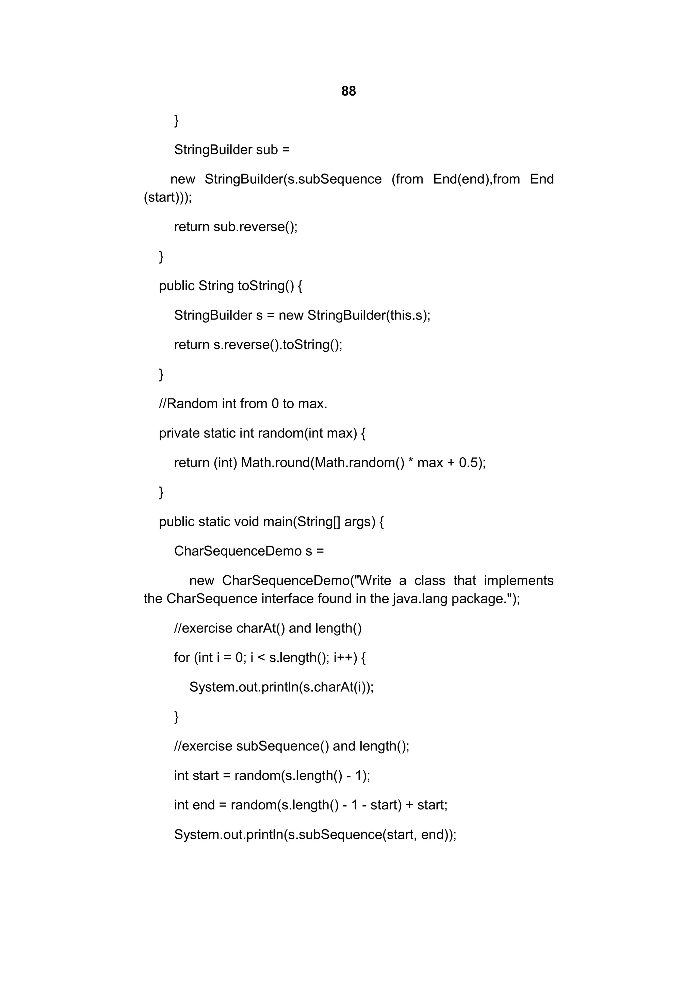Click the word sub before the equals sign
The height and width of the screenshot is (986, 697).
coord(267,150)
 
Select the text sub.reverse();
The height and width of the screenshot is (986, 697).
coord(255,227)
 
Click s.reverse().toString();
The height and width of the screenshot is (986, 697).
coord(278,345)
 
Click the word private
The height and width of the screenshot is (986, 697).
coord(179,433)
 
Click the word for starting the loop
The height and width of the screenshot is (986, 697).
coord(182,658)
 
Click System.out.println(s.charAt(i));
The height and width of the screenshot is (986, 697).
coord(281,688)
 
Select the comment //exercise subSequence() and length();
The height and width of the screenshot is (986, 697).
coord(292,746)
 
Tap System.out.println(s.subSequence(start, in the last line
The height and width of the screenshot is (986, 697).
coord(295,835)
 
